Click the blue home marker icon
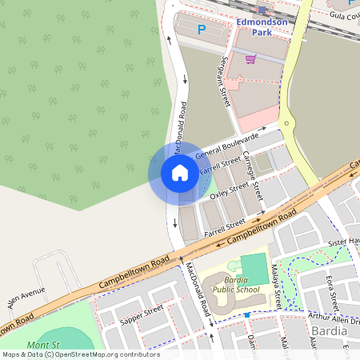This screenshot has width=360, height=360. pos(179,173)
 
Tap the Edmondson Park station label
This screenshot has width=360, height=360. pos(262,27)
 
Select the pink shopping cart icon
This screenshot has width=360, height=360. pos(250,58)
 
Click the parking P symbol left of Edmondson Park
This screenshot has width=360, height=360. pos(202,30)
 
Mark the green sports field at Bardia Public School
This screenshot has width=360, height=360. pos(254,269)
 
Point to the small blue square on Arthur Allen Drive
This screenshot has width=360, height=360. pos(247,315)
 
